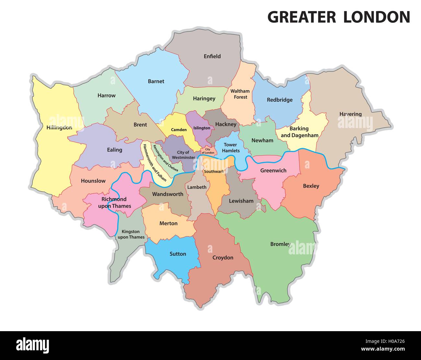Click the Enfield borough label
click(212, 56)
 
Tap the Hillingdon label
click(59, 128)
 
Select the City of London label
click(207, 151)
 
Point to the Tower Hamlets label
click(231, 148)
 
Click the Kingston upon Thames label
click(131, 234)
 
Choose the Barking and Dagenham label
click(299, 132)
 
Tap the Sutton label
click(178, 254)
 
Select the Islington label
click(202, 128)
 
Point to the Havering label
click(350, 114)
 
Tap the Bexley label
click(311, 186)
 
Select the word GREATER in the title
click(302, 17)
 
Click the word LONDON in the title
click(377, 17)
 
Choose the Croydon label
click(223, 258)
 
